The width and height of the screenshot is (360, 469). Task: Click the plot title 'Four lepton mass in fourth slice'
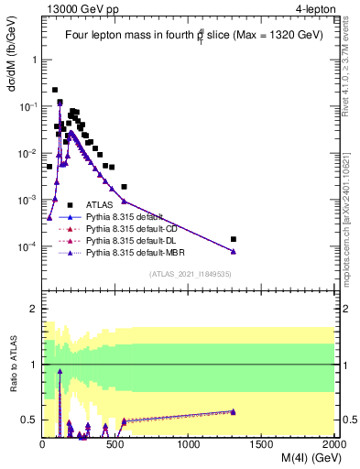point(189,35)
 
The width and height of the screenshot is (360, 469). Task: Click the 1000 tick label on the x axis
point(190,444)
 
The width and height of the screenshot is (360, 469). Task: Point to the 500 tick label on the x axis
point(116,444)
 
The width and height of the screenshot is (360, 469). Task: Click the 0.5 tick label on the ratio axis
point(29,420)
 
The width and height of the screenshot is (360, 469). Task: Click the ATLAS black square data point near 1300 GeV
point(234,239)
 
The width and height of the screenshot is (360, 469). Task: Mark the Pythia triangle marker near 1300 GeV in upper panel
point(234,251)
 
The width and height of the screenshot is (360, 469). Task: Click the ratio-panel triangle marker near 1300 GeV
point(234,411)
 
